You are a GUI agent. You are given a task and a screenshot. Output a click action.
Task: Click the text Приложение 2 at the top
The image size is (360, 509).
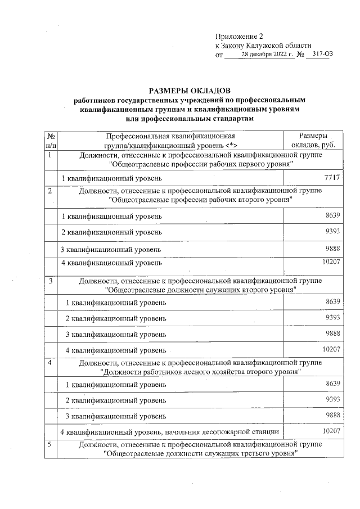click(239, 36)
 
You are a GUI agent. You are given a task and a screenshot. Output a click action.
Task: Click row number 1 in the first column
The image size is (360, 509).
click(51, 155)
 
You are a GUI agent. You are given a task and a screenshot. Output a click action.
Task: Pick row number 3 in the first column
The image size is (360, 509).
click(51, 281)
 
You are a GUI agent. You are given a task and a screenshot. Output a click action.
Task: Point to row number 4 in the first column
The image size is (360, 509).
click(51, 363)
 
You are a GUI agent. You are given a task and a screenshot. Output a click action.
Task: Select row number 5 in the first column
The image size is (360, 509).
click(51, 445)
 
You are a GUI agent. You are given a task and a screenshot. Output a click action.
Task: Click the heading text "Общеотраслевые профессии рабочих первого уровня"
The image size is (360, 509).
click(201, 164)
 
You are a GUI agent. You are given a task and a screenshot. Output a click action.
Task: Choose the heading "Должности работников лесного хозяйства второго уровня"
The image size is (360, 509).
click(201, 372)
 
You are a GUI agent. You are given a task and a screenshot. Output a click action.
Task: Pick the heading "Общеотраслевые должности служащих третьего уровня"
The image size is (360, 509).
click(201, 454)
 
